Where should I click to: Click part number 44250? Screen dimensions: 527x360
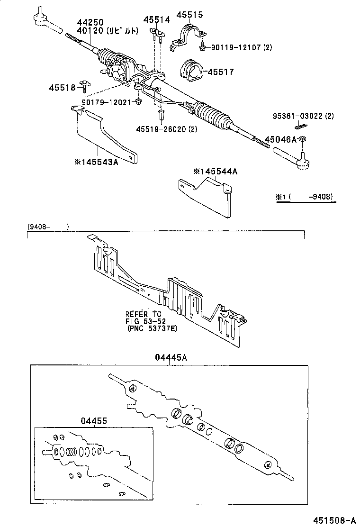[x=90, y=22]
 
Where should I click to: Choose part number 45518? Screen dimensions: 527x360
[x=62, y=87]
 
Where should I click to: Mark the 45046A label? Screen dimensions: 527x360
[x=280, y=139]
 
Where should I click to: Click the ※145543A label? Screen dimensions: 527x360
[x=96, y=162]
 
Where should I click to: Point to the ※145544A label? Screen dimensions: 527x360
[x=215, y=171]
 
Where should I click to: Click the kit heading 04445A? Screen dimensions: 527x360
[x=171, y=358]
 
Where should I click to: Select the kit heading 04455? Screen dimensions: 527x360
[x=94, y=420]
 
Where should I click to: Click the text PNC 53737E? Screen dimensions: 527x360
[x=152, y=328]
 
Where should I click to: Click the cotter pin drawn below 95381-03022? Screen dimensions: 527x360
[x=301, y=127]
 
